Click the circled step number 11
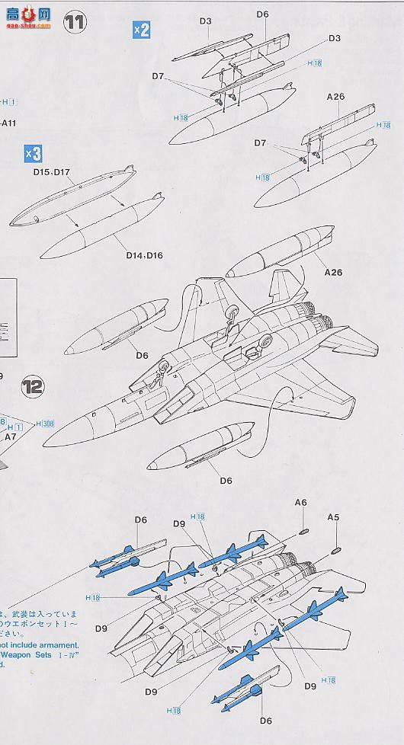click(x=75, y=23)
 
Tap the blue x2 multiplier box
click(x=141, y=29)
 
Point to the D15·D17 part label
click(x=51, y=172)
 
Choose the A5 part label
click(x=333, y=517)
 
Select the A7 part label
click(x=11, y=438)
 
